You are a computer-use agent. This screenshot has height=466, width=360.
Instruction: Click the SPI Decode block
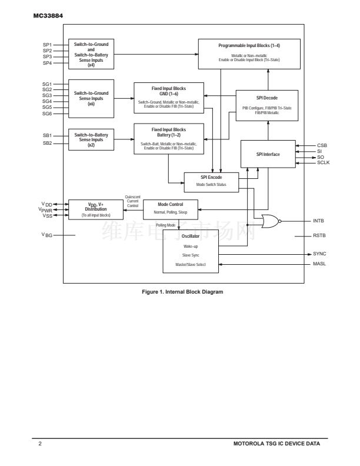click(x=268, y=105)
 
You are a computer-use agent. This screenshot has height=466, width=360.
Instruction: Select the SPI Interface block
click(x=268, y=154)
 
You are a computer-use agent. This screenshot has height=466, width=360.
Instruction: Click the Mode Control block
click(x=171, y=207)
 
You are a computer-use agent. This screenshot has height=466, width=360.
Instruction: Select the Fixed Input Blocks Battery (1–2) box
click(x=168, y=138)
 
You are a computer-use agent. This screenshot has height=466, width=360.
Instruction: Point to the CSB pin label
click(x=322, y=145)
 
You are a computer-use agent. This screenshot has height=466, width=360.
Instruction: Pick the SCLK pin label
click(x=323, y=162)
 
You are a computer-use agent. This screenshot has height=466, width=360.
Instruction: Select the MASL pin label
click(x=319, y=264)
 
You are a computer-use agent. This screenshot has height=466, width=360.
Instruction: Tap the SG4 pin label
click(x=47, y=101)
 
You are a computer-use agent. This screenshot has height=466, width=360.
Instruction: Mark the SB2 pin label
click(x=47, y=143)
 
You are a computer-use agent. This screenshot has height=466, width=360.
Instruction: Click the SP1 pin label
click(x=47, y=45)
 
